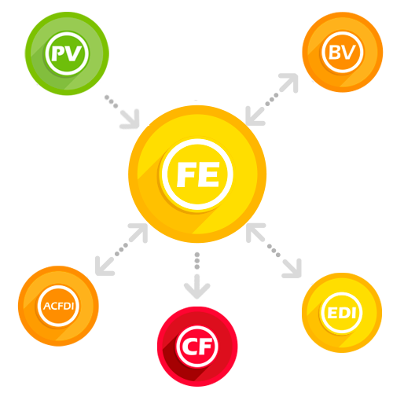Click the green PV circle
pyautogui.click(x=67, y=53)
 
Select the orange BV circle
pyautogui.click(x=343, y=52)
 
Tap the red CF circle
pyautogui.click(x=197, y=347)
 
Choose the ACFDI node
pyautogui.click(x=58, y=306)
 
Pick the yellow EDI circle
pyautogui.click(x=342, y=313)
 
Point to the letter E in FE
pyautogui.click(x=209, y=174)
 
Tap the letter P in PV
pyautogui.click(x=57, y=53)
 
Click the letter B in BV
pyautogui.click(x=335, y=53)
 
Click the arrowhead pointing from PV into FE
pyautogui.click(x=130, y=119)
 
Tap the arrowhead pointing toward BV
pyautogui.click(x=289, y=83)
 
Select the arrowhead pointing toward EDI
pyautogui.click(x=293, y=269)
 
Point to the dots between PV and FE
pyautogui.click(x=111, y=101)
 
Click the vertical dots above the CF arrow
pyautogui.click(x=197, y=261)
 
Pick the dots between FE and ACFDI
pyautogui.click(x=121, y=250)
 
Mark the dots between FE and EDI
pyautogui.click(x=274, y=251)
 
